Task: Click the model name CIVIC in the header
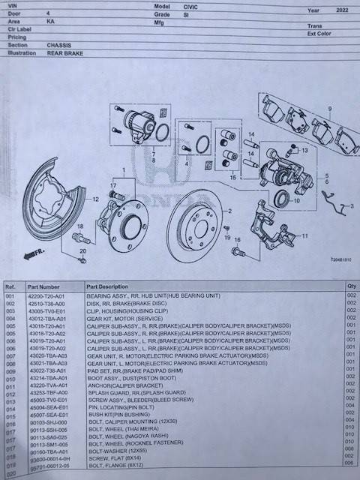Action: tap(182, 5)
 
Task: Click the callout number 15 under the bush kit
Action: tap(232, 178)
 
